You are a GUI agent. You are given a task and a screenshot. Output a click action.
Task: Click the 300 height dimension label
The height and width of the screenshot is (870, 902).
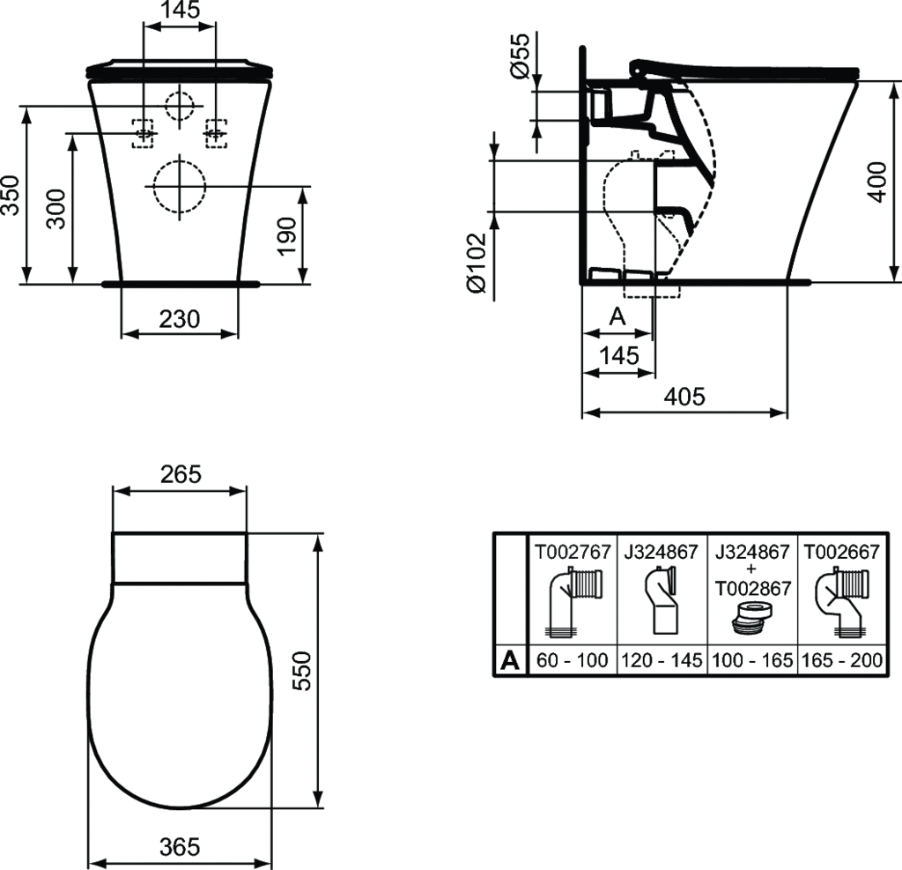(x=55, y=209)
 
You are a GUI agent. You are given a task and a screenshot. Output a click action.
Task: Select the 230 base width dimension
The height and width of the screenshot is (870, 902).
(x=179, y=319)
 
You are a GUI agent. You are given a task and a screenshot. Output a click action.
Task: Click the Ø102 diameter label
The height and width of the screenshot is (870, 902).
(x=475, y=263)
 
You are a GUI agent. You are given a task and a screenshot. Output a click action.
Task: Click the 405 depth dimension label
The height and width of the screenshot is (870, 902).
(x=684, y=397)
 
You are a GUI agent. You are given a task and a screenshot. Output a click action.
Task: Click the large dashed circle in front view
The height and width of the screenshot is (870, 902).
(x=179, y=187)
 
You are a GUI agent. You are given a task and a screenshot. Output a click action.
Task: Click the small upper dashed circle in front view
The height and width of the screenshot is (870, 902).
(x=180, y=108)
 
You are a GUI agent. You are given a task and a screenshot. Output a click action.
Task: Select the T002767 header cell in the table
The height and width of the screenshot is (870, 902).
(x=572, y=553)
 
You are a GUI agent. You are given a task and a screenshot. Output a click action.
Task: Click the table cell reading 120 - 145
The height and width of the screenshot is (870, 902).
(x=663, y=660)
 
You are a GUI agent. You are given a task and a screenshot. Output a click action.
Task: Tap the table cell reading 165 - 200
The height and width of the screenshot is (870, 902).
(x=841, y=660)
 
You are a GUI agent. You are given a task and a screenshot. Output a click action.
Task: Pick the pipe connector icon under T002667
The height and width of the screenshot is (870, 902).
(x=841, y=602)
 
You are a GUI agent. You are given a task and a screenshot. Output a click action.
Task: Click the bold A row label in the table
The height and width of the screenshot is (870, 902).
(x=509, y=660)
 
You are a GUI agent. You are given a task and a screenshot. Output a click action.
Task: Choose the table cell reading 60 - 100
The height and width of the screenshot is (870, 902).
(x=572, y=660)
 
